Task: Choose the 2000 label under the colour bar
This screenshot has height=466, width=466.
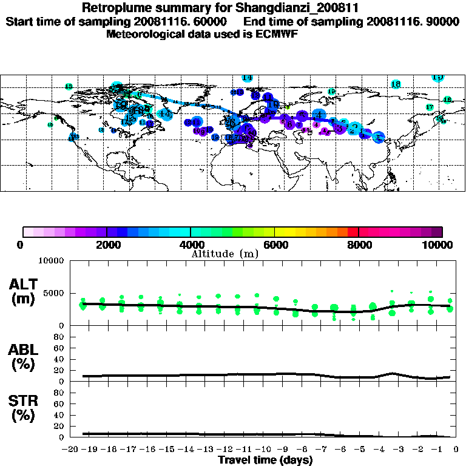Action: [x=106, y=245]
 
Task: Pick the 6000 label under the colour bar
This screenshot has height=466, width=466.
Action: [x=275, y=245]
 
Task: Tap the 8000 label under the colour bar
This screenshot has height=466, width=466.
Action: [x=359, y=245]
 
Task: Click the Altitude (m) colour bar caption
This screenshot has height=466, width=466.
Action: [x=225, y=254]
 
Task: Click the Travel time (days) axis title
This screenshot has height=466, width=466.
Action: [x=265, y=460]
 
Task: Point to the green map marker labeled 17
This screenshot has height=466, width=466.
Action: [x=430, y=107]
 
